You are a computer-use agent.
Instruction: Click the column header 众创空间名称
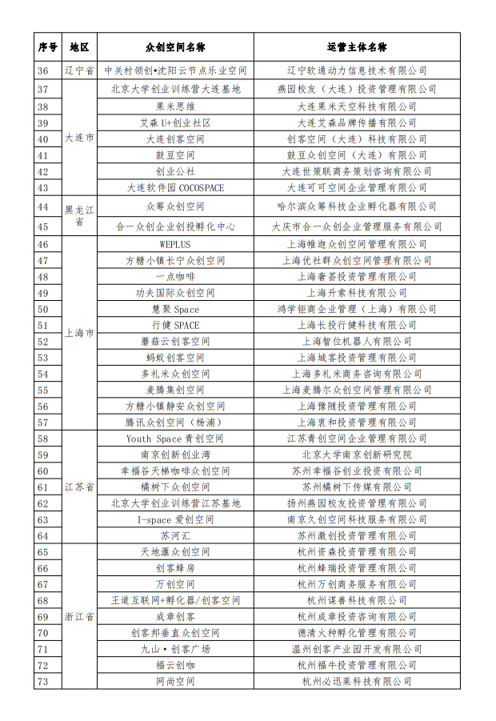(x=175, y=47)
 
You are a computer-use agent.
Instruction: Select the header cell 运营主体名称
(x=357, y=47)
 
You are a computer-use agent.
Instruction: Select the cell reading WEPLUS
(x=175, y=244)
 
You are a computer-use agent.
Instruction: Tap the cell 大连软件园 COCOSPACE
(x=175, y=188)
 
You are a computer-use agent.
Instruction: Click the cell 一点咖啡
(x=175, y=276)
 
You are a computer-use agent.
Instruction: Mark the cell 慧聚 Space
(x=175, y=309)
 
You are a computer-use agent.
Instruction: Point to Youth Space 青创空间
(x=175, y=439)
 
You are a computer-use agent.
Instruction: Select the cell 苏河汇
(x=175, y=535)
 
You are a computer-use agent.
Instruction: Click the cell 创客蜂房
(x=175, y=568)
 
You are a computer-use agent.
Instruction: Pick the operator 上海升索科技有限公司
(x=357, y=293)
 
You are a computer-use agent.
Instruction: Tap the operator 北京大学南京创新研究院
(x=357, y=455)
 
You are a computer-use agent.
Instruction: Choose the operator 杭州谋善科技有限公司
(x=357, y=600)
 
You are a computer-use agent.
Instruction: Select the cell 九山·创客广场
(x=175, y=649)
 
